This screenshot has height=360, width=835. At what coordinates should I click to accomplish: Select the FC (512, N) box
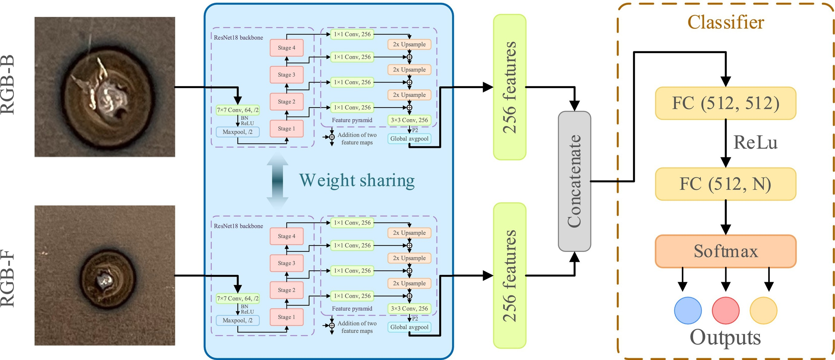[x=725, y=184]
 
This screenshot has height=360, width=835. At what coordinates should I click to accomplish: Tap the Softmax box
[x=725, y=251]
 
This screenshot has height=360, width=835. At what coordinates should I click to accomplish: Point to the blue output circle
[x=688, y=310]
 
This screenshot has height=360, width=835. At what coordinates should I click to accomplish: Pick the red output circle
[x=725, y=310]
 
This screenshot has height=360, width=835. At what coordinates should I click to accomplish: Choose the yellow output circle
[x=763, y=310]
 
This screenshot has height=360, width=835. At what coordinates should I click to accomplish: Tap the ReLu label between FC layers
[x=755, y=142]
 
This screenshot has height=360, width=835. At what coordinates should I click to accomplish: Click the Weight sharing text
[x=356, y=180]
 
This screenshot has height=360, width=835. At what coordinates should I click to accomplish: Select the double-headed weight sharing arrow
[x=277, y=181]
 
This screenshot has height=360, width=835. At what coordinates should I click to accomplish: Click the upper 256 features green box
[x=509, y=87]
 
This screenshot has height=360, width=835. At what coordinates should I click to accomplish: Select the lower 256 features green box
[x=509, y=276]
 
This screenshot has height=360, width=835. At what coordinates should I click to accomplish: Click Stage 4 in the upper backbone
[x=287, y=48]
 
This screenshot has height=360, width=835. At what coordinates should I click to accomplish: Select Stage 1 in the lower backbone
[x=287, y=317]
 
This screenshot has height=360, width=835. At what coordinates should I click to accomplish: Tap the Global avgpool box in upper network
[x=409, y=138]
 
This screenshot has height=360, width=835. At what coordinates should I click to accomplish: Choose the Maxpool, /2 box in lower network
[x=238, y=320]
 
